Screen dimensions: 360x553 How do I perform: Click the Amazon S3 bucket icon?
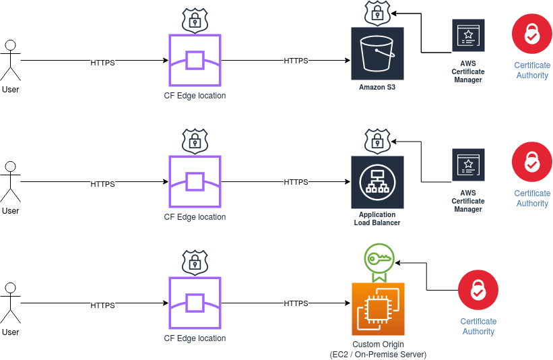coord(377,54)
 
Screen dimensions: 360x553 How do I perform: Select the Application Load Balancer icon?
coord(377,182)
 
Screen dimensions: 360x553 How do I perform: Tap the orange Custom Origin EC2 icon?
coord(378,309)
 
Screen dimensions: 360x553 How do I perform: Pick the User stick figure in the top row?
coord(10,61)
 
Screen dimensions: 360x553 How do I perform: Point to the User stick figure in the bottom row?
coord(10,303)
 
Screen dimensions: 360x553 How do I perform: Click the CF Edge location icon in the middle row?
coord(195,182)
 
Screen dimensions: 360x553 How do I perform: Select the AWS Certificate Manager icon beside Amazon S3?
coord(467,36)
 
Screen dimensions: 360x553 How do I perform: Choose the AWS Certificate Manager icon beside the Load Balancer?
coord(467,164)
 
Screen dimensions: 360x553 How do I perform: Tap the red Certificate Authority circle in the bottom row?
coord(478,291)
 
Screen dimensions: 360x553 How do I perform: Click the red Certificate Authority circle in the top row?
coord(532,34)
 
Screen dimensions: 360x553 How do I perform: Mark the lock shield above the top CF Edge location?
coord(195,20)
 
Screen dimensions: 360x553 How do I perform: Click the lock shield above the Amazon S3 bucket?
coord(377,13)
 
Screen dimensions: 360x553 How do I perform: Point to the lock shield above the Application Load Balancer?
coord(377,141)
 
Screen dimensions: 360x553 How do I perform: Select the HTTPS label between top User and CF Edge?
coord(102,62)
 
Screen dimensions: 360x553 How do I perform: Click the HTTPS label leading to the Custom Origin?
coord(296,303)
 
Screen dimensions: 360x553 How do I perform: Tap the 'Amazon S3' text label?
coord(377,87)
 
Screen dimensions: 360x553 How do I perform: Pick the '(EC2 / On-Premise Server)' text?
coord(378,355)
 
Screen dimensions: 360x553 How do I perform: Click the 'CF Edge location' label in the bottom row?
coord(195,338)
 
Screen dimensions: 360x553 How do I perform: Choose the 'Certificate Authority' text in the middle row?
coord(532,198)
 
